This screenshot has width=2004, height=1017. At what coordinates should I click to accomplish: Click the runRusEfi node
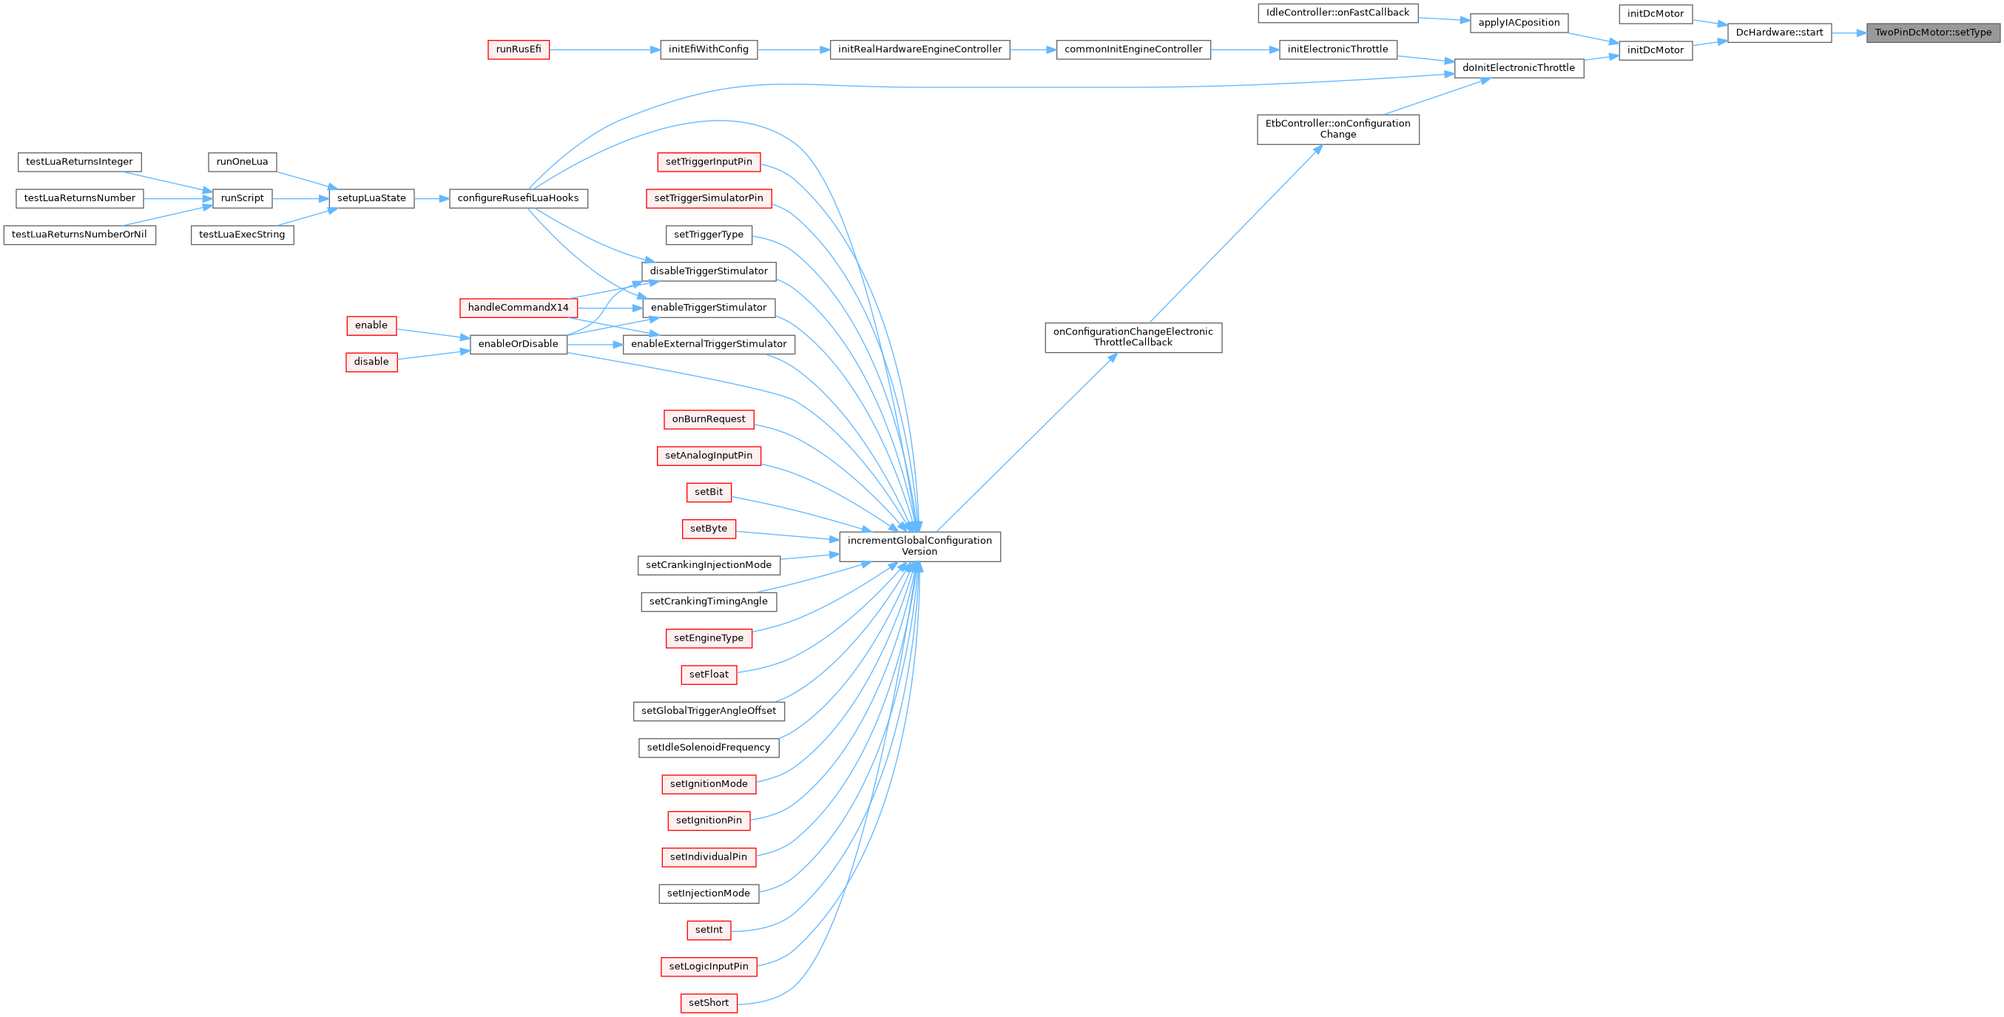[x=518, y=50]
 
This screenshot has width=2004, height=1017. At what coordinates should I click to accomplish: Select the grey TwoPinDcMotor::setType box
[x=1932, y=33]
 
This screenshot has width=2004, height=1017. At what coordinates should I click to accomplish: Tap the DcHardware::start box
[x=1779, y=33]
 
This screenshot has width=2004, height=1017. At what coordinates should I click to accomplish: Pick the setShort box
[x=708, y=1003]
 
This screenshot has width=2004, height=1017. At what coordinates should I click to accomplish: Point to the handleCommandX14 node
[x=518, y=308]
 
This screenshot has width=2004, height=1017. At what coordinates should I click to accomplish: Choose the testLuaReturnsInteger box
[x=79, y=162]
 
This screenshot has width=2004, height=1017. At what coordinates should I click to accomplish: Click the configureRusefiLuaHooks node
[x=518, y=198]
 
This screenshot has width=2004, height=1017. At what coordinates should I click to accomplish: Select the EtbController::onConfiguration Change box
[x=1337, y=129]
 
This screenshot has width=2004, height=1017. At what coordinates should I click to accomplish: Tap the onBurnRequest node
[x=708, y=419]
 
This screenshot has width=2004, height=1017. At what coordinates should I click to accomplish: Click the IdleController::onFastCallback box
[x=1337, y=13]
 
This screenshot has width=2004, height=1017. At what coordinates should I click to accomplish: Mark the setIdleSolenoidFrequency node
[x=708, y=748]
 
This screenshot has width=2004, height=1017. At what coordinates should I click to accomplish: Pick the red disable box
[x=371, y=362]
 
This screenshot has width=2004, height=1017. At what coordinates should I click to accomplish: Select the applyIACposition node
[x=1519, y=23]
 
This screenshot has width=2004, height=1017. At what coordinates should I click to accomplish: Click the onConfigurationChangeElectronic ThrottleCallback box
[x=1133, y=338]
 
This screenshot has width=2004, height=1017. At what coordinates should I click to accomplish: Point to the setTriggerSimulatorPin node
[x=708, y=198]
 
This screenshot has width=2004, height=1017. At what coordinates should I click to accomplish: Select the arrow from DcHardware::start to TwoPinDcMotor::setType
[x=1849, y=33]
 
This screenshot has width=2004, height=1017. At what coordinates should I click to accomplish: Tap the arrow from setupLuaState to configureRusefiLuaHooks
[x=432, y=198]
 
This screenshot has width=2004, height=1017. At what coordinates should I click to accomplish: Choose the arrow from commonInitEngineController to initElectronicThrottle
[x=1245, y=50]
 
